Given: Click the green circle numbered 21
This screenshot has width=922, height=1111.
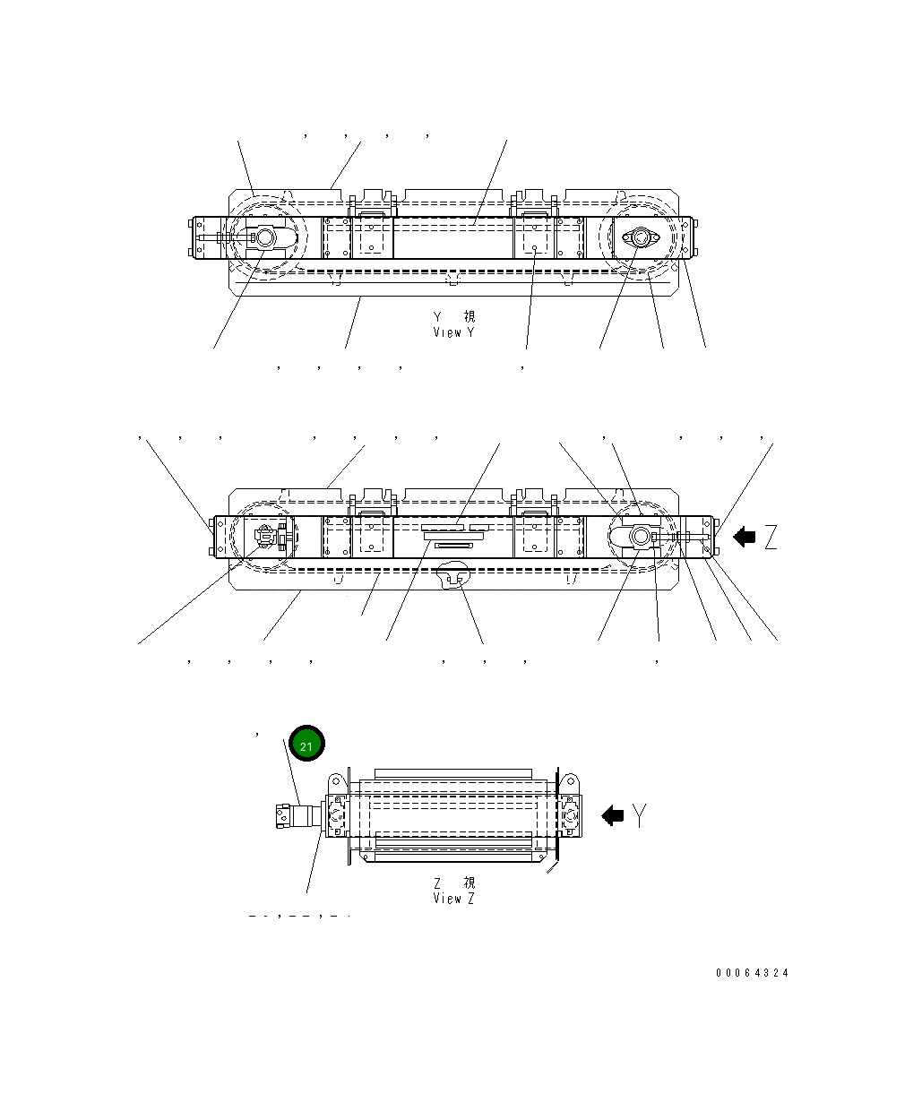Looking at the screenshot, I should [306, 744].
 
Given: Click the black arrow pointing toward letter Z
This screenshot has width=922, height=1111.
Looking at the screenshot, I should [744, 537].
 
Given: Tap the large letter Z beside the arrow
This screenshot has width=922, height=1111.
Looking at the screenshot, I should [770, 538].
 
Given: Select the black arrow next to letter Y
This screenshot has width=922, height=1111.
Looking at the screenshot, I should [613, 815].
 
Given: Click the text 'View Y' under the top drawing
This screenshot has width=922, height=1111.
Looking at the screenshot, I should [453, 332].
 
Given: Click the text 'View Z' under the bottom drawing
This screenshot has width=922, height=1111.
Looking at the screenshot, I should [453, 898].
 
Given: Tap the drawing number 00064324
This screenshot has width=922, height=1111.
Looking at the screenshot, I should [752, 973].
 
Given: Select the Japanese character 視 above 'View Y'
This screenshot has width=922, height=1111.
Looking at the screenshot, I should [470, 316].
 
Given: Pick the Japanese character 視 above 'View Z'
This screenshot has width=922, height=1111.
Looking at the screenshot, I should [470, 883].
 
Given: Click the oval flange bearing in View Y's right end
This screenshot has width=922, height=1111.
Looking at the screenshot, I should [640, 238].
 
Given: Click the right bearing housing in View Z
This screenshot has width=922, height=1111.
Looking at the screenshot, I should [569, 815].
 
